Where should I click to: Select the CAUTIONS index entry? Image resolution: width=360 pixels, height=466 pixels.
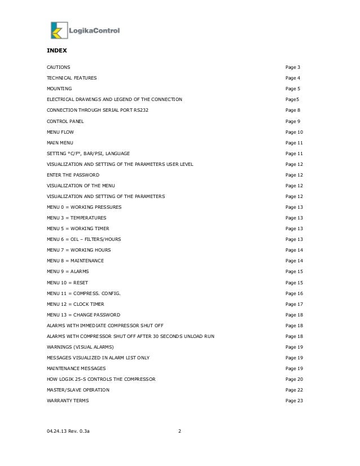click(58, 67)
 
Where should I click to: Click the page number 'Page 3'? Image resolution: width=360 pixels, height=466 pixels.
click(293, 67)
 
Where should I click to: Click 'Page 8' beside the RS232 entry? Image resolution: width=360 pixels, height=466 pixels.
click(293, 111)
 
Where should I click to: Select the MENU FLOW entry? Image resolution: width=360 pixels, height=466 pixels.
click(60, 132)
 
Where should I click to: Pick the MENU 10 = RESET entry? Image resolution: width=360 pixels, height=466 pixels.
click(67, 282)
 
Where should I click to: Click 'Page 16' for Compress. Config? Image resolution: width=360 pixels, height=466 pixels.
click(295, 293)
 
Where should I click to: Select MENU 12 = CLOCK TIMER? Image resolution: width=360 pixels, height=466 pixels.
click(76, 304)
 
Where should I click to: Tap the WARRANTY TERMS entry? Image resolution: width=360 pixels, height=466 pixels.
click(67, 401)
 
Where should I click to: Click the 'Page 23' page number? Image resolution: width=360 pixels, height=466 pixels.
click(295, 401)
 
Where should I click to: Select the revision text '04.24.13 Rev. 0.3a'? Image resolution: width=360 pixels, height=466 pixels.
click(68, 433)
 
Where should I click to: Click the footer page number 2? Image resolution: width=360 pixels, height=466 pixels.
click(179, 433)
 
